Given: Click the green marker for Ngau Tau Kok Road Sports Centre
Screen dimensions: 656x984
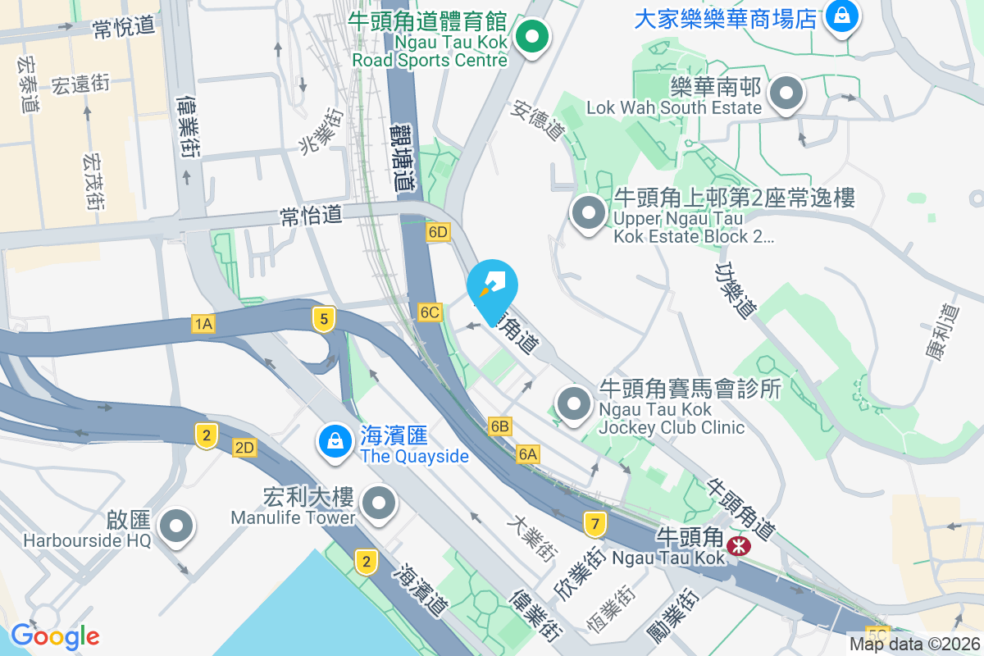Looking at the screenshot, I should click(532, 37).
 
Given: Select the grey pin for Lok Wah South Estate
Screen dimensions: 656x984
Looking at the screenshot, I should click(787, 93).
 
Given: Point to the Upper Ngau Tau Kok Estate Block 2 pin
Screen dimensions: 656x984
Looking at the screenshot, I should click(588, 213).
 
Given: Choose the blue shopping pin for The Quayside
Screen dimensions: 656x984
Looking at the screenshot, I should click(335, 441).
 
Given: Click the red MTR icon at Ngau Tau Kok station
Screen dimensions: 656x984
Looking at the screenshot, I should click(739, 544).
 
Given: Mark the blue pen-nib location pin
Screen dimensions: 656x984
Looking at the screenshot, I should click(492, 287).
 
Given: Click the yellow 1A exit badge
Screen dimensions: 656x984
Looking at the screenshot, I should click(204, 325).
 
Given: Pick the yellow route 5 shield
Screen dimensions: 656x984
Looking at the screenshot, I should click(325, 319).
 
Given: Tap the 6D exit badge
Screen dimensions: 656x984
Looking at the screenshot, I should click(438, 232).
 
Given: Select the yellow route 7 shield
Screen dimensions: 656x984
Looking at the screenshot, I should click(595, 522).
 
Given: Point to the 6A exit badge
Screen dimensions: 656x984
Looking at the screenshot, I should click(528, 453).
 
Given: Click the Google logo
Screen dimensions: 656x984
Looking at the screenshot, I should click(55, 636).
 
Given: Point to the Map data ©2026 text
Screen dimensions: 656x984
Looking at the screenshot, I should click(914, 645).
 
